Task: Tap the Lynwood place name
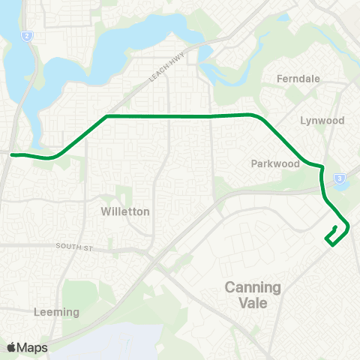point(322,120)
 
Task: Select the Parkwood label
point(270,163)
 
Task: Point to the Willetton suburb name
point(125,211)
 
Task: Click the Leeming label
point(56,311)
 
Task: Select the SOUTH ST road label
point(72,246)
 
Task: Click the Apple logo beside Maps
point(12,347)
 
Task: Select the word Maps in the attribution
point(34,347)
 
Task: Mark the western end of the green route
point(12,155)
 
